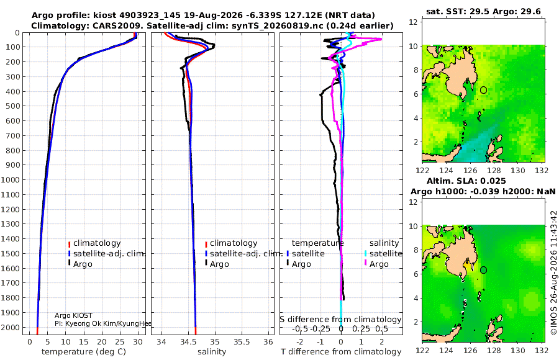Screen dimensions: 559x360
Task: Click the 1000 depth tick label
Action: tap(10, 179)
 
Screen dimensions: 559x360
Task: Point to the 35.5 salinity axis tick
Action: tap(242, 342)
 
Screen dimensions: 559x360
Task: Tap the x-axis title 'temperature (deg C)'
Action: tap(84, 352)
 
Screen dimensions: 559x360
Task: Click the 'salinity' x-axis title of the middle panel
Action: tap(212, 352)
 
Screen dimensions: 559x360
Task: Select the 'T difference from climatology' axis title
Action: tap(341, 352)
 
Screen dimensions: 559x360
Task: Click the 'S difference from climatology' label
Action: tap(340, 319)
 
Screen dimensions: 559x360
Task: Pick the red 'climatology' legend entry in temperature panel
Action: tap(94, 243)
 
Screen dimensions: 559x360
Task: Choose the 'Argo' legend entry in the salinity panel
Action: tap(216, 264)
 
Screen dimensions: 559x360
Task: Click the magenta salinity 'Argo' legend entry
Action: tap(376, 264)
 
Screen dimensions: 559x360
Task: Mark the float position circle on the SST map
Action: tap(483, 90)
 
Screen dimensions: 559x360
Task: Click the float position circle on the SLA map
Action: tap(483, 270)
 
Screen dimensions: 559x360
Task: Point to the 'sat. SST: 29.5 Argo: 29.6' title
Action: tap(483, 12)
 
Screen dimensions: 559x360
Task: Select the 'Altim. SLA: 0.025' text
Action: tap(466, 181)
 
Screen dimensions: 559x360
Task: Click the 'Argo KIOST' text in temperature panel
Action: tap(73, 315)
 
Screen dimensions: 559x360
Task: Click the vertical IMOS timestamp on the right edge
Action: tap(553, 272)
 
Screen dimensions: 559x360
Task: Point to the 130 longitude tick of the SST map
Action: tap(518, 170)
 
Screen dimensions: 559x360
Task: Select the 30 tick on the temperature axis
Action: tap(138, 342)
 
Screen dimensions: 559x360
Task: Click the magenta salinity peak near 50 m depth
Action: tap(380, 39)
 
